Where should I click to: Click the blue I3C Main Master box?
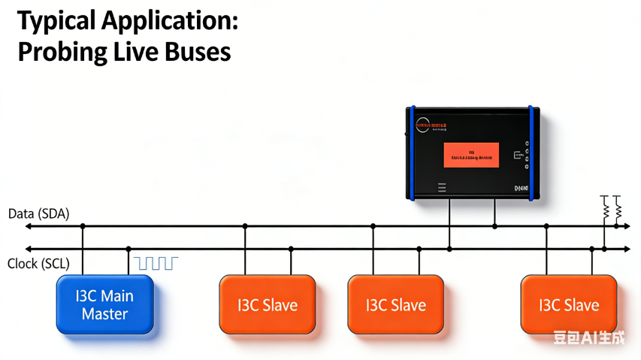coord(105,304)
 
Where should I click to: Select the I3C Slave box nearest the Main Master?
coord(268,304)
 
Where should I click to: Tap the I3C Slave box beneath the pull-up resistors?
coord(569,304)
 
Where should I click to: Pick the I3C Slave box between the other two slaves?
coord(395,304)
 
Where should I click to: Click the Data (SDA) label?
coord(38,213)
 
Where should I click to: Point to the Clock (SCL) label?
coord(38,264)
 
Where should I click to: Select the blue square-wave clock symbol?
coord(156,262)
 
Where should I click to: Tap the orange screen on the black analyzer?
coord(471,155)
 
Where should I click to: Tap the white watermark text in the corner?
coord(588,337)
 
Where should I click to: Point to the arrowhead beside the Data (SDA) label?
coord(29,225)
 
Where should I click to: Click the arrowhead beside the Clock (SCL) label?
coord(29,249)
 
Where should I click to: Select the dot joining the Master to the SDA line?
coord(83,225)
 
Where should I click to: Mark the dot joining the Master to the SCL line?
coord(129,249)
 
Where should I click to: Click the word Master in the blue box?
coord(105,313)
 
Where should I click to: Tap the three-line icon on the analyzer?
coord(442,186)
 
